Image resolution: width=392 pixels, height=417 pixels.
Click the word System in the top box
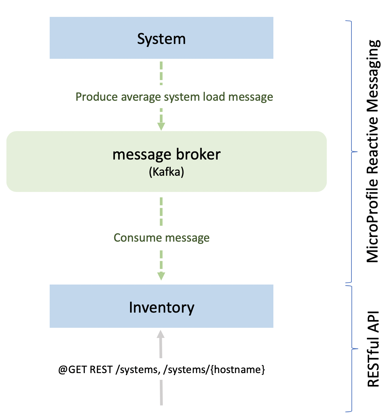coord(161,39)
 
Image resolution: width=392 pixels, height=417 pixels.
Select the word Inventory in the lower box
coord(162,308)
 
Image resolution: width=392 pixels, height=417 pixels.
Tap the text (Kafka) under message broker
coord(167,172)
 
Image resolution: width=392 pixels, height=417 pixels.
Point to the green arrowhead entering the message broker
coord(161,126)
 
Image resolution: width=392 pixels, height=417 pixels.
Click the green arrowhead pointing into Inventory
coord(161,276)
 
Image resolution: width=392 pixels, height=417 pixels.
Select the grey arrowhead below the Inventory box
coord(161,334)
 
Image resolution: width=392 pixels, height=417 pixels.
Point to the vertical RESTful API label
coord(373,349)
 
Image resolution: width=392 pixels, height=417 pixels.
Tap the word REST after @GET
coord(101,370)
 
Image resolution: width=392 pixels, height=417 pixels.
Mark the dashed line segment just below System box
coord(161,73)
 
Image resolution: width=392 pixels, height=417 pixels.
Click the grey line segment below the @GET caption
coord(161,392)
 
